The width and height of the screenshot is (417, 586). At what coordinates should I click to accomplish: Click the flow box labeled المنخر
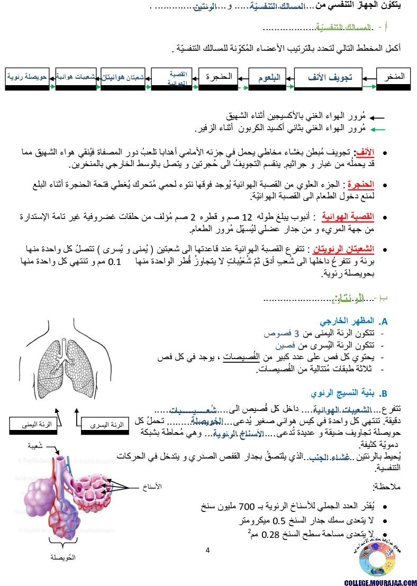click(x=393, y=77)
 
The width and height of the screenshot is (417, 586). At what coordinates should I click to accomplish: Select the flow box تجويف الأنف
click(x=328, y=78)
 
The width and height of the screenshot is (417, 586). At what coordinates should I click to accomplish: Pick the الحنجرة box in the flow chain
click(x=218, y=77)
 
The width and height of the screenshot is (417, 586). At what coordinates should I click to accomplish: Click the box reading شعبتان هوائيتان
click(x=123, y=77)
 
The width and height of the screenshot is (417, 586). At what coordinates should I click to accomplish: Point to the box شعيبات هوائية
click(x=76, y=77)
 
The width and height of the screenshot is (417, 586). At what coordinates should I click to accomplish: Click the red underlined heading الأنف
click(x=365, y=152)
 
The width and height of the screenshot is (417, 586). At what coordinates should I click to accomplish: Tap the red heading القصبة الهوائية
click(x=348, y=216)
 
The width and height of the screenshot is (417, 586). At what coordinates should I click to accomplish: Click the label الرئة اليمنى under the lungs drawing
click(x=33, y=424)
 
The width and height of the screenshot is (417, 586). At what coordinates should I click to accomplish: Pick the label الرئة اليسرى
click(x=105, y=424)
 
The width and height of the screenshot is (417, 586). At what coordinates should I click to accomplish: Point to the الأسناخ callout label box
click(x=144, y=488)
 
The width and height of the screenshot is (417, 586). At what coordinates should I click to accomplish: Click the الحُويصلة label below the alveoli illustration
click(x=62, y=558)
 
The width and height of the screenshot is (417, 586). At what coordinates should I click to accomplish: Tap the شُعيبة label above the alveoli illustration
click(x=32, y=446)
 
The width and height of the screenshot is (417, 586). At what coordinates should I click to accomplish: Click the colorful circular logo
click(x=377, y=559)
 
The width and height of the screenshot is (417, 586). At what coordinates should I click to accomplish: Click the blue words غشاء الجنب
click(x=330, y=457)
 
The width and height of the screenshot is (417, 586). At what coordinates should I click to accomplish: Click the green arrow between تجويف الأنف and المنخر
click(x=369, y=86)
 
